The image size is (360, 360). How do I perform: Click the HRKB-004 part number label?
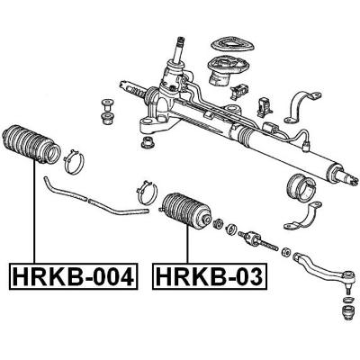pos(73,276)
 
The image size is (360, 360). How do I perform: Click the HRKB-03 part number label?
pos(210,276)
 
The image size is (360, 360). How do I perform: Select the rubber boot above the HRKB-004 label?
pos(31,144)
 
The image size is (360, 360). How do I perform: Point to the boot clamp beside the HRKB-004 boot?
pos(74,162)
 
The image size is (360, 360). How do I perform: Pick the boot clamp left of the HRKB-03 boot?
pos(147,193)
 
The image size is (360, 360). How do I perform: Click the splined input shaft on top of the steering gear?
pos(181,49)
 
